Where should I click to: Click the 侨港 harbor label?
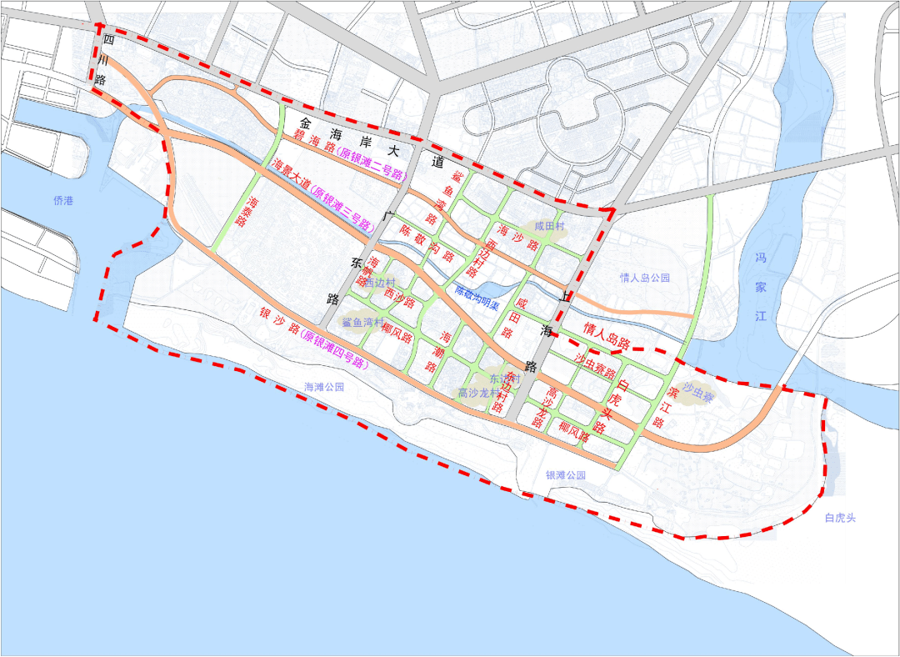(63, 200)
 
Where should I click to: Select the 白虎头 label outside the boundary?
(840, 518)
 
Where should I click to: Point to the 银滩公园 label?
(566, 475)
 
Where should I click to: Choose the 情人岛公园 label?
(645, 278)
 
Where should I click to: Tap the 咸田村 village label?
(550, 226)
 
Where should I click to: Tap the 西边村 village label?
(379, 283)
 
